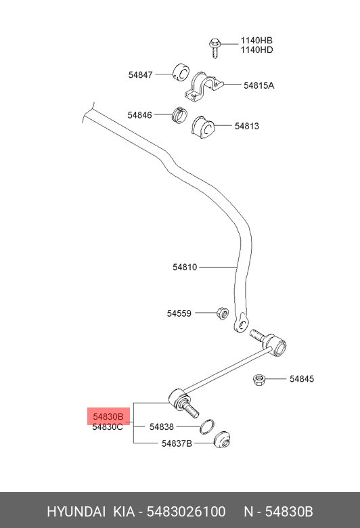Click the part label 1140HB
(256, 41)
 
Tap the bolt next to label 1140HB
(215, 48)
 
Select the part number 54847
(141, 74)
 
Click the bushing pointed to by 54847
(181, 72)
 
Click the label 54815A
(259, 85)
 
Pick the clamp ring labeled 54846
(180, 115)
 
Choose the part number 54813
(247, 126)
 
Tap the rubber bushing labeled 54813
(203, 127)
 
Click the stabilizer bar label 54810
(185, 267)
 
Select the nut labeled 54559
(223, 314)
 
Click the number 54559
(179, 313)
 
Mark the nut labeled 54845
(259, 380)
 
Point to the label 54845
(302, 379)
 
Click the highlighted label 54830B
(108, 417)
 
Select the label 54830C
(108, 427)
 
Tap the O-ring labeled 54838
(206, 426)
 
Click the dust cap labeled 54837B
(222, 440)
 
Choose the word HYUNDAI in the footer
(76, 512)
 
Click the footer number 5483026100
(186, 512)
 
